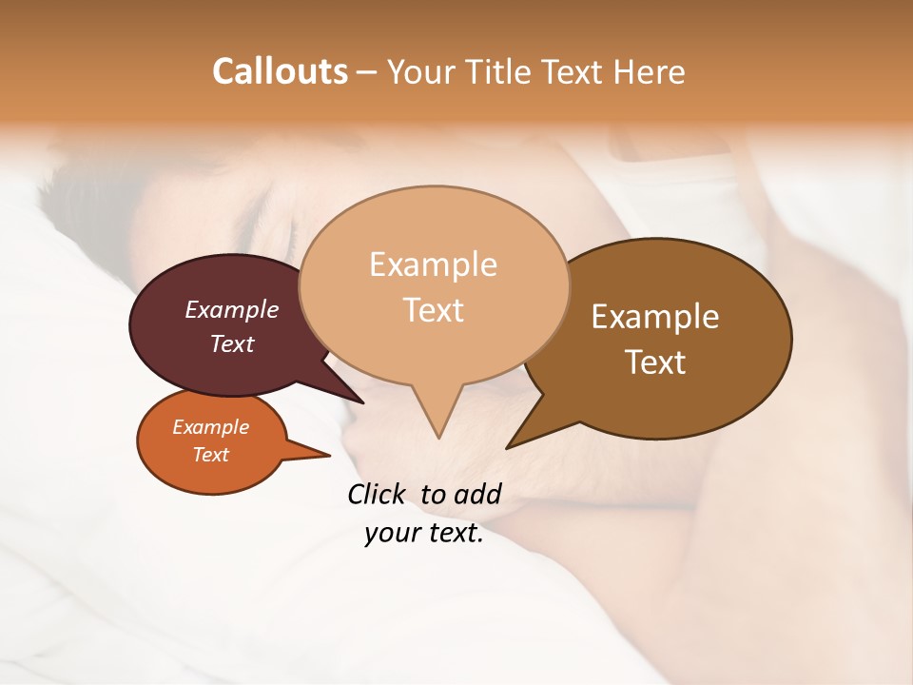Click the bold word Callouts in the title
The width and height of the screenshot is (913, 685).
click(280, 71)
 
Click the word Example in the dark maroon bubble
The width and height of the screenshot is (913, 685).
click(232, 309)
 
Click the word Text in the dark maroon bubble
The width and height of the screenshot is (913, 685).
click(232, 343)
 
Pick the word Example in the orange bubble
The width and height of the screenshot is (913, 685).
click(210, 427)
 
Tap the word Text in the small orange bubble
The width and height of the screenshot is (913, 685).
click(210, 455)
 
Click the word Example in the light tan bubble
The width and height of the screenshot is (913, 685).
click(433, 264)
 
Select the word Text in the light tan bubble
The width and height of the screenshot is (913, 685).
click(434, 309)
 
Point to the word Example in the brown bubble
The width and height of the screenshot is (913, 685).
click(655, 317)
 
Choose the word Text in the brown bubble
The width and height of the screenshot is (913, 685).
click(655, 362)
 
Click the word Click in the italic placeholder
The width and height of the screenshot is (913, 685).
click(378, 494)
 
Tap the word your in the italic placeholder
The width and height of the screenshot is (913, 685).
click(390, 534)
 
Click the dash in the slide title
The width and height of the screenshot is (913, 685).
click(368, 72)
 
